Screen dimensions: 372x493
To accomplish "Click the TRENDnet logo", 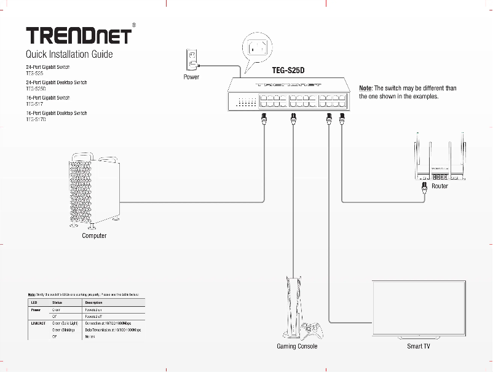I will [x=78, y=35].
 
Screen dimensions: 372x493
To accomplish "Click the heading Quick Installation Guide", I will [x=69, y=55].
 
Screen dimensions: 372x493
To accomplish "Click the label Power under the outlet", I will [x=191, y=78].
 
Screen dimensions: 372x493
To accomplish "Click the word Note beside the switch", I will [x=365, y=89].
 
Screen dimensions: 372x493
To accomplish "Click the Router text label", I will [x=440, y=186].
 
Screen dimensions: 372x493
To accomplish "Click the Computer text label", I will [x=94, y=236].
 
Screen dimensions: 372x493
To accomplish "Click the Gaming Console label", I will [x=297, y=347].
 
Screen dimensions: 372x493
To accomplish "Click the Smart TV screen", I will [x=419, y=307].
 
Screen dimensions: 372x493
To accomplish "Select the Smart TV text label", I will [x=418, y=347].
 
